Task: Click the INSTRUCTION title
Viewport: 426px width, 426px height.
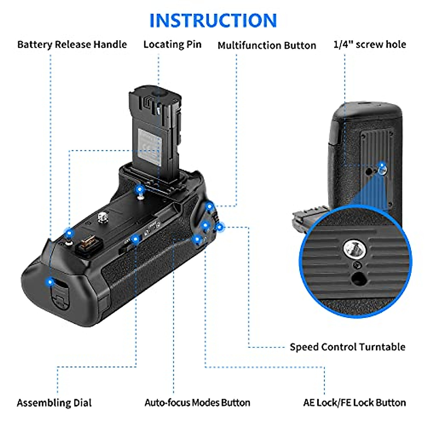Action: (x=213, y=20)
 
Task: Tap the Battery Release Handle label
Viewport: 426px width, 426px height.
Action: (x=72, y=45)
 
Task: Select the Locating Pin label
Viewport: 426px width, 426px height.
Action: (x=172, y=45)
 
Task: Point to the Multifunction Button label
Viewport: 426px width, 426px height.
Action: (x=267, y=45)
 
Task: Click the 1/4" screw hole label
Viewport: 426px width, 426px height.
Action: (x=370, y=45)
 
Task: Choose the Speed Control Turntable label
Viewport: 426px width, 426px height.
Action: (x=347, y=347)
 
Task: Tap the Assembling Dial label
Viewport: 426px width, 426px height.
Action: (x=54, y=403)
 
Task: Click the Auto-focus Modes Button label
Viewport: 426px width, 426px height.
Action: (x=197, y=403)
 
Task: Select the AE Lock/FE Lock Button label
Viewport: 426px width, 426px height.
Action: (x=354, y=403)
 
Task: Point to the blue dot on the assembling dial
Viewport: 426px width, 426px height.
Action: (x=135, y=240)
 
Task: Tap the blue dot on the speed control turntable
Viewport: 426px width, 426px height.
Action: (x=220, y=227)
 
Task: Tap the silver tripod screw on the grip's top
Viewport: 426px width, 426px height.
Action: (x=103, y=217)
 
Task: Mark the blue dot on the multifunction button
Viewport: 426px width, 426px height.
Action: (x=210, y=206)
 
